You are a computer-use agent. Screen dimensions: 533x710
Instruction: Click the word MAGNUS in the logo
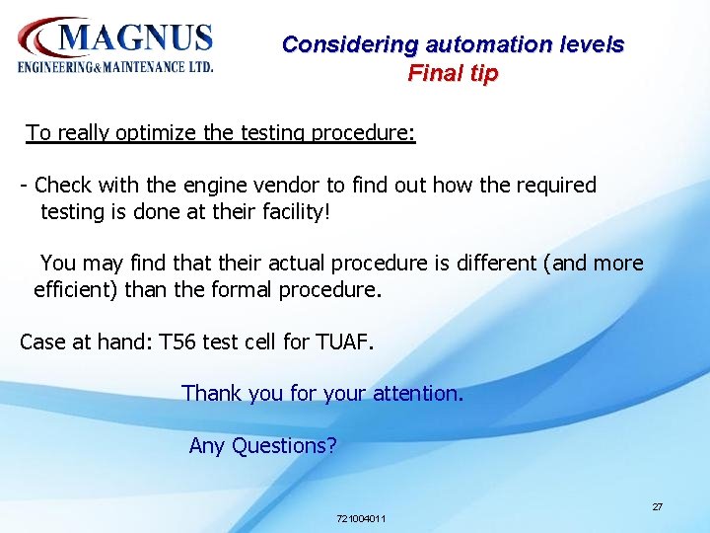pos(136,37)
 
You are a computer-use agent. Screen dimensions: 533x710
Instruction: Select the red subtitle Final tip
pos(453,73)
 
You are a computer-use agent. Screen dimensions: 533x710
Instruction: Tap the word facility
pos(279,210)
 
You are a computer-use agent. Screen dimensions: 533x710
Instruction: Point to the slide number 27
pos(657,506)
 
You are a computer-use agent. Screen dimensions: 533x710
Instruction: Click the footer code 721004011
pos(361,518)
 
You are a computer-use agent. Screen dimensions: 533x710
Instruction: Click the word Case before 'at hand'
pos(42,343)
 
